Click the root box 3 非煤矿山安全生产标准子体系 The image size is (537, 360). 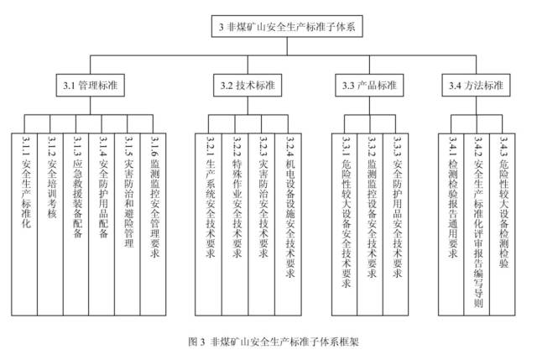286,28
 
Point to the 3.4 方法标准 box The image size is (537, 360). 476,85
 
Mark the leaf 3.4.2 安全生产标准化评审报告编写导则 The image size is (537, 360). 478,218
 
